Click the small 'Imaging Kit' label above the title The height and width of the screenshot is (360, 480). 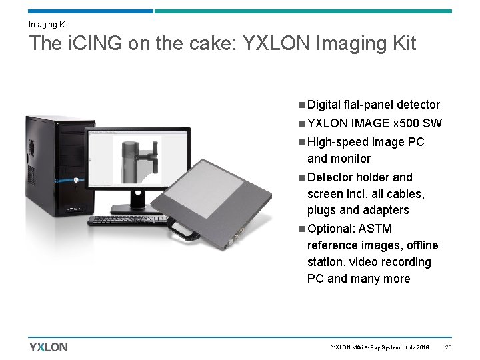point(48,24)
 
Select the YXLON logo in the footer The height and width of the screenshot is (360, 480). point(48,347)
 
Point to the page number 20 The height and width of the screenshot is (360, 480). point(449,347)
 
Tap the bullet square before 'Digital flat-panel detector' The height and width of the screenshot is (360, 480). point(302,105)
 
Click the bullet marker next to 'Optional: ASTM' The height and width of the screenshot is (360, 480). point(302,229)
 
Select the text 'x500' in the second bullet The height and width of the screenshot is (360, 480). point(407,123)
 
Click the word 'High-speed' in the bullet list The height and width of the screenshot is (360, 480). point(337,142)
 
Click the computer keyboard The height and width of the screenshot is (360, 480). point(133,219)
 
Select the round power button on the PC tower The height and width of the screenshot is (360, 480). point(77,179)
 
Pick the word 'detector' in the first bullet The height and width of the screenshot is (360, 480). point(418,105)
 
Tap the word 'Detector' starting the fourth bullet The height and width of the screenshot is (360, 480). point(331,177)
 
